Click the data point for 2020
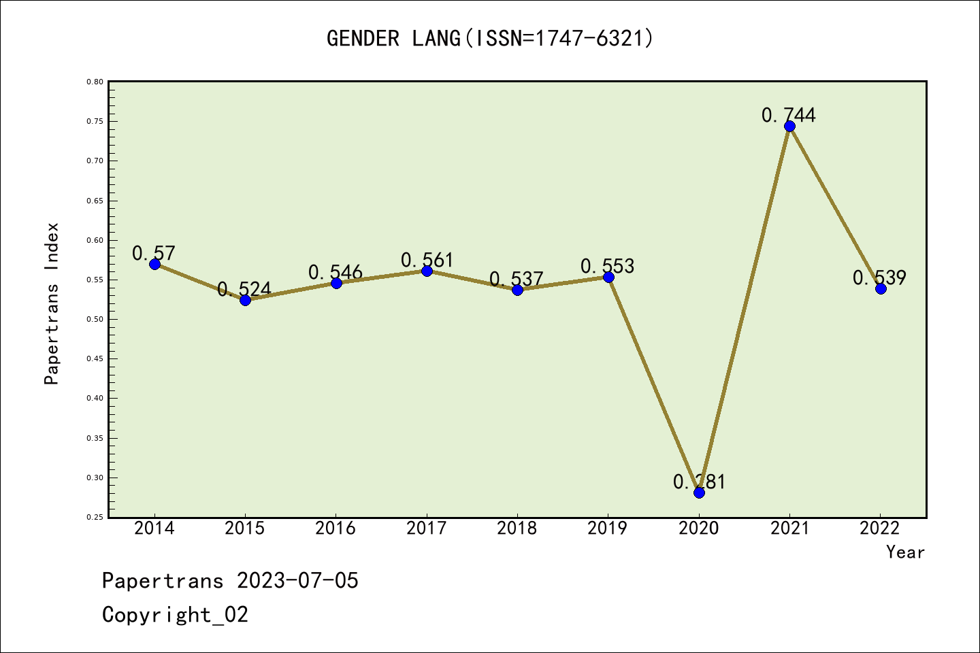pyautogui.click(x=699, y=492)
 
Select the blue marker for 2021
pyautogui.click(x=789, y=126)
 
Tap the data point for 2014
pyautogui.click(x=154, y=264)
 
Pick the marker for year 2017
pyautogui.click(x=427, y=271)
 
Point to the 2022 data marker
pyautogui.click(x=881, y=288)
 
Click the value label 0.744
pyautogui.click(x=788, y=115)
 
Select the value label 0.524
pyautogui.click(x=244, y=289)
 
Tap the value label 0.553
pyautogui.click(x=607, y=266)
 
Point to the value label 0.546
pyautogui.click(x=336, y=272)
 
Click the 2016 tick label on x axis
pyautogui.click(x=336, y=528)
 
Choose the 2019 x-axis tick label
pyautogui.click(x=608, y=528)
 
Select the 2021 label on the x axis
pyautogui.click(x=789, y=528)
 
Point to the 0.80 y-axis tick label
pyautogui.click(x=95, y=82)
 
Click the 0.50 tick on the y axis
pyautogui.click(x=95, y=319)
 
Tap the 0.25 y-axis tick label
pyautogui.click(x=95, y=517)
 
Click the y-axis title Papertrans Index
pyautogui.click(x=52, y=303)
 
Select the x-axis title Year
pyautogui.click(x=905, y=552)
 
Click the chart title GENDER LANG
pyautogui.click(x=490, y=38)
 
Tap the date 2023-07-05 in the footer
pyautogui.click(x=297, y=580)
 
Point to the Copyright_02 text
pyautogui.click(x=175, y=614)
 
